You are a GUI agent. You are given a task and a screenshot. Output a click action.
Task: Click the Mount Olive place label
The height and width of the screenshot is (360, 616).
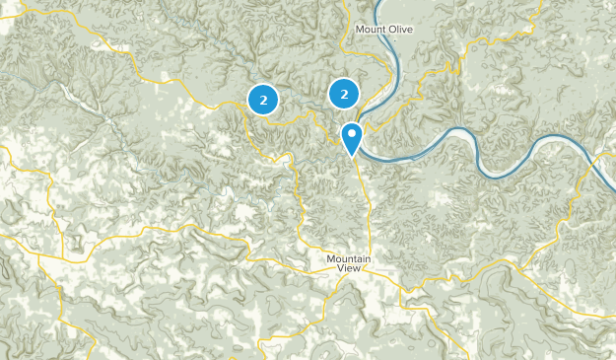(384, 30)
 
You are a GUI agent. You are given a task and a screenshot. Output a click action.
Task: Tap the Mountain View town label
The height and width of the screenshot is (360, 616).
(350, 263)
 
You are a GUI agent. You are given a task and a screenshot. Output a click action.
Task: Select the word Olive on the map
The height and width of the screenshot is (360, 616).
(399, 30)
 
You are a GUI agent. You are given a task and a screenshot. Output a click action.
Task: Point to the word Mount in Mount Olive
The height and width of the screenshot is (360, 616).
(371, 30)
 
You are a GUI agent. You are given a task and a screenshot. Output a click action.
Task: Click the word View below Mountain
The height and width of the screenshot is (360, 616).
(350, 269)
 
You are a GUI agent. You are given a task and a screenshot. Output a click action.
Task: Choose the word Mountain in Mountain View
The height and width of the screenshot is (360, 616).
(350, 258)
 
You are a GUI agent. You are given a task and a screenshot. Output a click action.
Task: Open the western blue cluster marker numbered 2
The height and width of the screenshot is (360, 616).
(263, 99)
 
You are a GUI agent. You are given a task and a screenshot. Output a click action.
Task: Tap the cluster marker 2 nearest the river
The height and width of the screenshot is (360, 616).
(344, 95)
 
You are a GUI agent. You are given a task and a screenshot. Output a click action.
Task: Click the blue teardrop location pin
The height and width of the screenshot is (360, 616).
(352, 136)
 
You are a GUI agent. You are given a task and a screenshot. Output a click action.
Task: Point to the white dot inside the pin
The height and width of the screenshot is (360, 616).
(352, 132)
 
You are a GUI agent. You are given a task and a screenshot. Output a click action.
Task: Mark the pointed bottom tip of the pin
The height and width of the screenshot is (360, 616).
(352, 156)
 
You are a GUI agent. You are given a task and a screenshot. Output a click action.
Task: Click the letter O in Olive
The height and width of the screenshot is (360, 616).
(389, 30)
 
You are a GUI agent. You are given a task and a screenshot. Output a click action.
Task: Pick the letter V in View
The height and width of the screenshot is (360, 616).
(341, 269)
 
